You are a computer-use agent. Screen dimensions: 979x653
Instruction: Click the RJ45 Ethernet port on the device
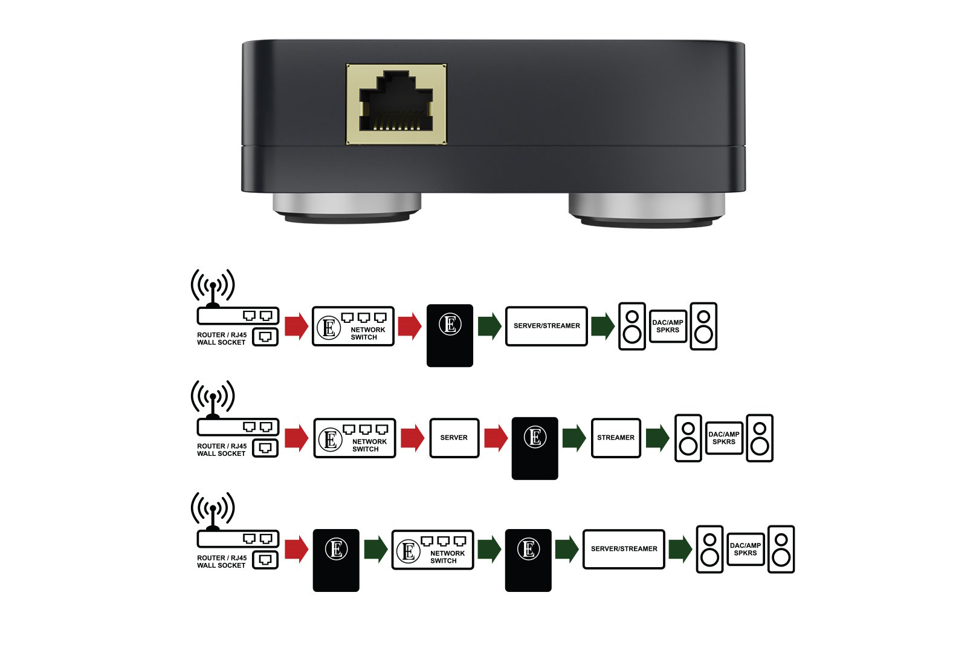[396, 104]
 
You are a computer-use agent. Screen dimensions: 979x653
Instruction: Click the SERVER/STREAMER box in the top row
[546, 326]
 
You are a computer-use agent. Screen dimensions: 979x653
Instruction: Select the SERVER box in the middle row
[454, 438]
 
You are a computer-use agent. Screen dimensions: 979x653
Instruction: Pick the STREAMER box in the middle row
[616, 438]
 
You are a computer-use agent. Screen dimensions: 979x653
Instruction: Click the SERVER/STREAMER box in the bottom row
[624, 550]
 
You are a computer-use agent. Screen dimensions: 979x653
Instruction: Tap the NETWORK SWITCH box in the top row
[353, 326]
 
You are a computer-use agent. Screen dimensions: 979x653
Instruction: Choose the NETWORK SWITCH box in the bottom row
[433, 550]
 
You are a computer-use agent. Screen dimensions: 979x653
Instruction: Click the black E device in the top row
[450, 336]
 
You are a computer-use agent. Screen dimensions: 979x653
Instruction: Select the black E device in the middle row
[535, 448]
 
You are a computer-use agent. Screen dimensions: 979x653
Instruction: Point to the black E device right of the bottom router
[336, 560]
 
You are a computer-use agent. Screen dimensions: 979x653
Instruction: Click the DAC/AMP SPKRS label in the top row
[668, 326]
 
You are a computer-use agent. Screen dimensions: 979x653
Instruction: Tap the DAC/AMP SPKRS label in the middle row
[724, 438]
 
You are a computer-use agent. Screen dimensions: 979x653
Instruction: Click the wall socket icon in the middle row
[265, 448]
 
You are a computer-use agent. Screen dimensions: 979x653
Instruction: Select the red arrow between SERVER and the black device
[496, 438]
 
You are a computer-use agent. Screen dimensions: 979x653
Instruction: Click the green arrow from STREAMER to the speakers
[658, 438]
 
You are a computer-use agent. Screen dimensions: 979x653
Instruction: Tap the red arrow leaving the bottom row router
[296, 550]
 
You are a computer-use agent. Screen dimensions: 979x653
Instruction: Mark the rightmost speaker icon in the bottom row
[781, 550]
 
